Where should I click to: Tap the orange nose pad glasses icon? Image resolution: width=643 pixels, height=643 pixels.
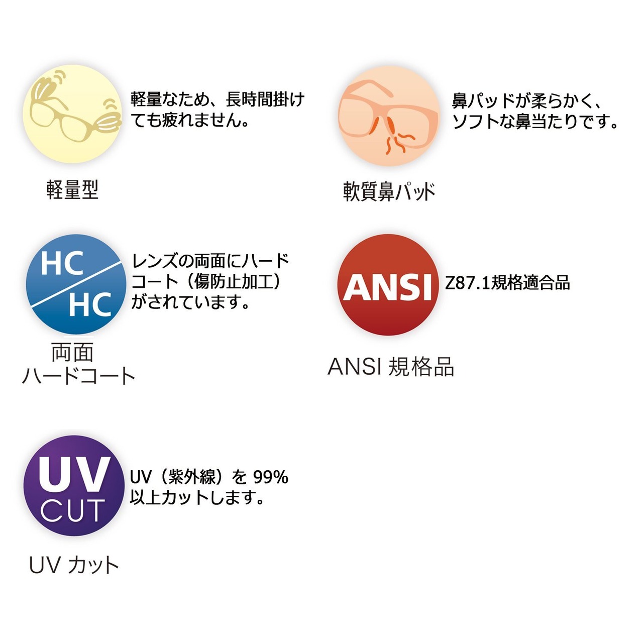tap(388, 116)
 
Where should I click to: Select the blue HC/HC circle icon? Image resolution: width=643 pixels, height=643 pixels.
tap(76, 284)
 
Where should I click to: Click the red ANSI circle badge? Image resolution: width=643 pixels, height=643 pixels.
tap(388, 285)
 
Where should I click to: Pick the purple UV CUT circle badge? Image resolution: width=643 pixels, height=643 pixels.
tap(74, 486)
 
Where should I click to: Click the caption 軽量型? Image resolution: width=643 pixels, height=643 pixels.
tap(72, 190)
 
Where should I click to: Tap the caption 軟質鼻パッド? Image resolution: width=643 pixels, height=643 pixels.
tap(389, 191)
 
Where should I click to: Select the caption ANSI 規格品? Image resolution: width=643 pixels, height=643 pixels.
tap(391, 367)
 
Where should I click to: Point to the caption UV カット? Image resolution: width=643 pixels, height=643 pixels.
tap(74, 565)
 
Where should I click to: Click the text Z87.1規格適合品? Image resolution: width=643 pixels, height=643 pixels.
tap(507, 283)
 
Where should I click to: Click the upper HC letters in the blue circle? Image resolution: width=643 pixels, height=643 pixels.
tap(62, 264)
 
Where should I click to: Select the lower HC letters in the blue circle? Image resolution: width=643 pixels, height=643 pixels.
tap(90, 304)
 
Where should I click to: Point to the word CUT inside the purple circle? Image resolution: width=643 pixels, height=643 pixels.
tap(73, 511)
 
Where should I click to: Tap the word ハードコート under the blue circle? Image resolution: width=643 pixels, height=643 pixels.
tap(79, 376)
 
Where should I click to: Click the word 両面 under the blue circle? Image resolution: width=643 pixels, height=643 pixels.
tap(72, 353)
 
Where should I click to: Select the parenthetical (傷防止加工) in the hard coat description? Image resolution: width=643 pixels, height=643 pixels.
tap(234, 281)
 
